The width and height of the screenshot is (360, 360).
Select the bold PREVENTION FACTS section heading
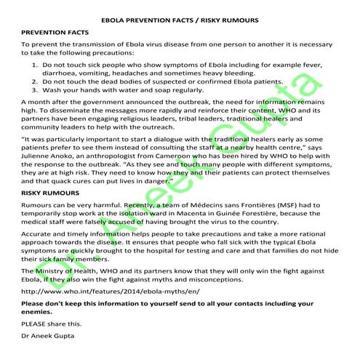point(54,33)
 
